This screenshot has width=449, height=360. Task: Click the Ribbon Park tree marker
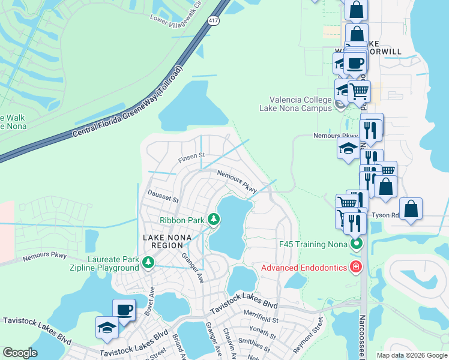(213, 220)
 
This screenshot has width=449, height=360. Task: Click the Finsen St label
(191, 158)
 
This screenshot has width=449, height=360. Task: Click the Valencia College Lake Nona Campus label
(300, 104)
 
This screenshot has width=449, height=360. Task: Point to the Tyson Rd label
(385, 215)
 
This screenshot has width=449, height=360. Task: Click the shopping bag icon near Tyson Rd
(411, 210)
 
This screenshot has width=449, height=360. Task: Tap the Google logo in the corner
(20, 352)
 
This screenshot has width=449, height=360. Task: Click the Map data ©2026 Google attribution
(411, 355)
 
